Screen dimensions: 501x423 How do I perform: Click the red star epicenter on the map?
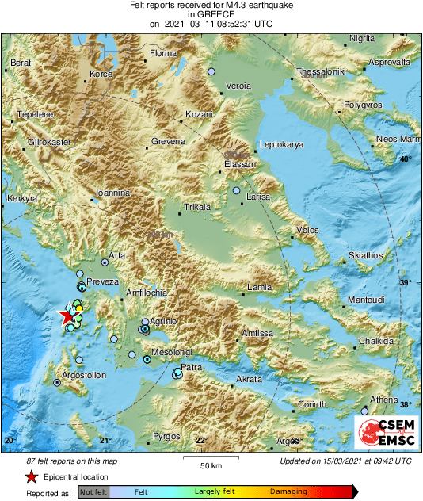coord(67,317)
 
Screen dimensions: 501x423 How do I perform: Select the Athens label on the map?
coord(383,400)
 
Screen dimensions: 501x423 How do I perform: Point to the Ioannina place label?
coord(112,193)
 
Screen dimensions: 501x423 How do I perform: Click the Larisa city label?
coord(258,197)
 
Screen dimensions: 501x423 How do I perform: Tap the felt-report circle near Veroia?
coord(211,72)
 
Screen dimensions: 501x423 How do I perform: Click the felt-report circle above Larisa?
coord(236,190)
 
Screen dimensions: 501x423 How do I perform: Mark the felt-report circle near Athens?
coord(364,411)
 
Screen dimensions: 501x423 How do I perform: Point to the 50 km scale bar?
coord(210,459)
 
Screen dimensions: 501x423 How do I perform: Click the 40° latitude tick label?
coord(405,159)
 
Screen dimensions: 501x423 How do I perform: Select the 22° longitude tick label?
coord(200,441)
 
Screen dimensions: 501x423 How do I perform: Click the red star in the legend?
coord(31,476)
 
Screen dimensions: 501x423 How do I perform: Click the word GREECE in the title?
coord(211,14)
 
